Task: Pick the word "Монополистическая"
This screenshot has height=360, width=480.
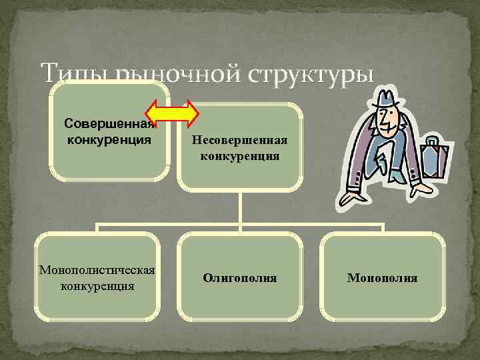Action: coord(97,270)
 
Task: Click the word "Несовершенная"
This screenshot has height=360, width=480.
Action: coord(240,141)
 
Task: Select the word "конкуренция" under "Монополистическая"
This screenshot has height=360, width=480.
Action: coord(97,286)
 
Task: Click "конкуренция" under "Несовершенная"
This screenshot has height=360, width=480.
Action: coord(240,157)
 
